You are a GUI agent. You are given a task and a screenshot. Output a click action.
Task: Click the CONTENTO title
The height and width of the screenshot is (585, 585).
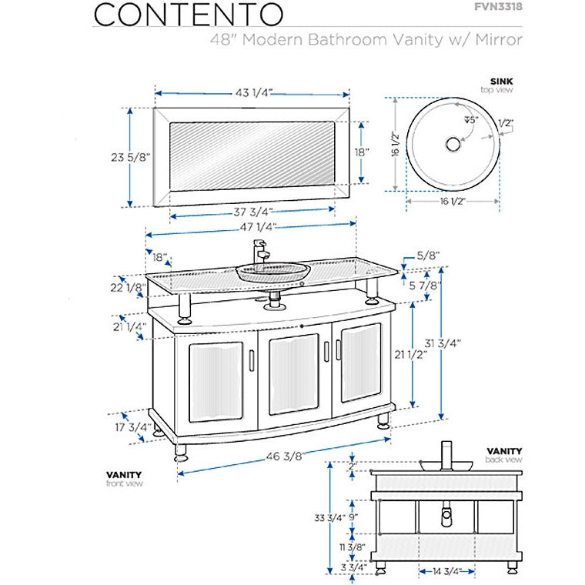tap(187, 14)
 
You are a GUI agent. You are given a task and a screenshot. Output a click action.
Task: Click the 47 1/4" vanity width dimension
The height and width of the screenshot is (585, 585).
tap(251, 228)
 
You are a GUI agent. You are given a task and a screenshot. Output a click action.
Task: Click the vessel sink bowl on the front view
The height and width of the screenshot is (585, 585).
tap(272, 272)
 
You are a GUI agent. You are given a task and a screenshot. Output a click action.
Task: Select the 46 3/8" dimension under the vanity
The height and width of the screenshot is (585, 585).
tap(283, 456)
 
